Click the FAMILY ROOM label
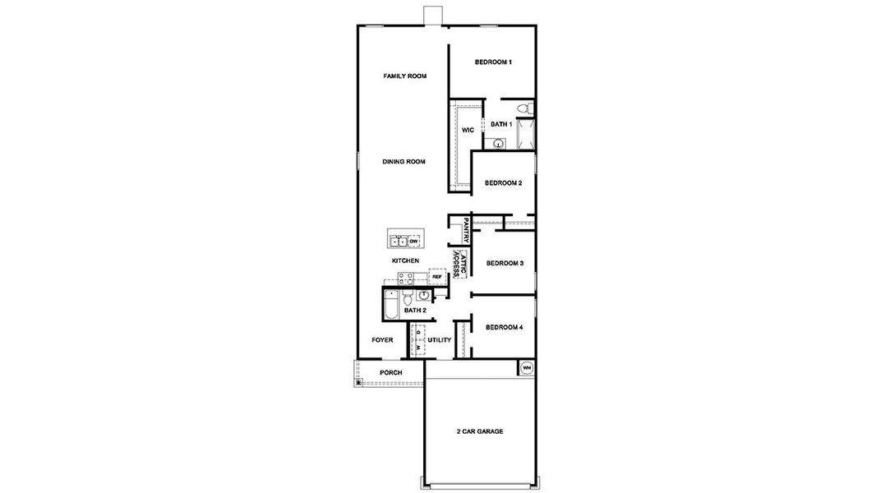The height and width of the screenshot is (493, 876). (x=405, y=76)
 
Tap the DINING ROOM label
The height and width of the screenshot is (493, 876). (x=404, y=162)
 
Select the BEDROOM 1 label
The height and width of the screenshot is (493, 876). (x=494, y=62)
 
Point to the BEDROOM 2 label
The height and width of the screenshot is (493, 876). (x=503, y=183)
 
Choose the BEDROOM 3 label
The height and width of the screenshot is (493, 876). (x=505, y=264)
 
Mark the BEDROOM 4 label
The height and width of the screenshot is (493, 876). (x=504, y=328)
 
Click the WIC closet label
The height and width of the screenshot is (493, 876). (x=468, y=131)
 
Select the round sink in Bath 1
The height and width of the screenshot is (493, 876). (x=498, y=143)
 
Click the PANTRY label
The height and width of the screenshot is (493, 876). (x=465, y=230)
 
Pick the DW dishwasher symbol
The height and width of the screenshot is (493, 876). (x=413, y=241)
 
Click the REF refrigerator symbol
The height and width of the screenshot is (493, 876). (x=437, y=277)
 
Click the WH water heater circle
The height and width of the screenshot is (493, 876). (x=527, y=367)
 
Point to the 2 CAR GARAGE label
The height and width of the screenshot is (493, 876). (x=480, y=431)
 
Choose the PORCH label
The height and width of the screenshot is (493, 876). (x=390, y=373)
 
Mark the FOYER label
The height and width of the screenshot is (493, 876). (x=382, y=339)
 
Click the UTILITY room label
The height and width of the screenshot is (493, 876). (x=440, y=339)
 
